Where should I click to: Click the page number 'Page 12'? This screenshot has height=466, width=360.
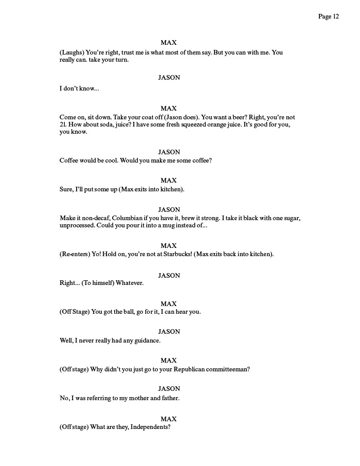328,16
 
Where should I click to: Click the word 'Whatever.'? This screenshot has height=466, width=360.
130,283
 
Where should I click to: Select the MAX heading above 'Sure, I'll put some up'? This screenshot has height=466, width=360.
169,181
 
